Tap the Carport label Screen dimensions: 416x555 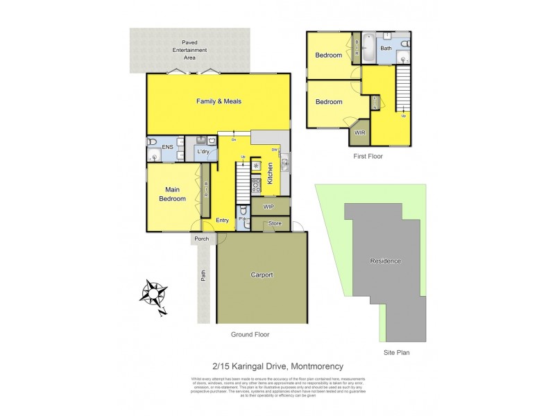coord(262,275)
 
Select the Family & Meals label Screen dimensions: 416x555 coord(219,101)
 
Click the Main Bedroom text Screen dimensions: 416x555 coord(172,194)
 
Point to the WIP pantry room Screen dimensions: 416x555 coord(269,207)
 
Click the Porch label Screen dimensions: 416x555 coord(202,239)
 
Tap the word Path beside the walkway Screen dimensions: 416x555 coord(203,276)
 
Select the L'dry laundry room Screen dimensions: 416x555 coord(203,151)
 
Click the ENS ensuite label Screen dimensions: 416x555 coord(167,148)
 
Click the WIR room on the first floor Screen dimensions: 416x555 coord(359,132)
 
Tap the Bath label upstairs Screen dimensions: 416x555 coord(386,49)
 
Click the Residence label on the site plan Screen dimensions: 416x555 coord(385,261)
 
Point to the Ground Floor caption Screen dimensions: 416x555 coord(250,334)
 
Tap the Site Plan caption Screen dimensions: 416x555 coord(398,352)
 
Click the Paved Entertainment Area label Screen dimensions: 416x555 coord(189,50)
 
